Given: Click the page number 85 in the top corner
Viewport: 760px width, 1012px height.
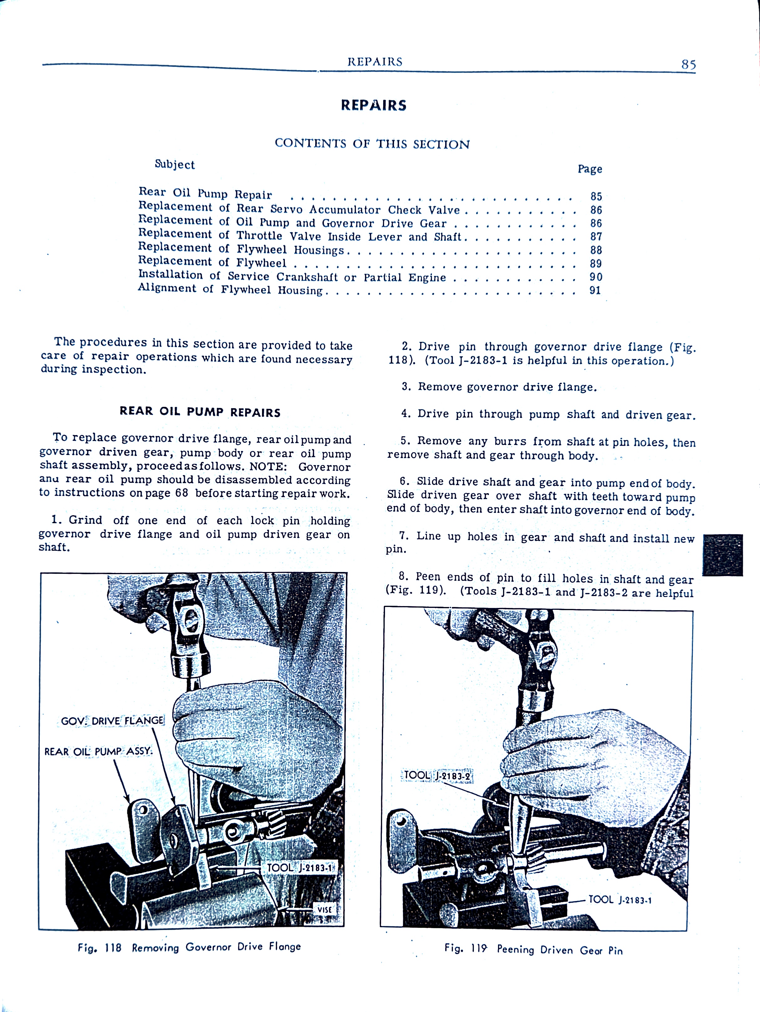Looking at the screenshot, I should tap(688, 64).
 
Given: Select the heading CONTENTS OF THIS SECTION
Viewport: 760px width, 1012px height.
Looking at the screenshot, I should tap(372, 144).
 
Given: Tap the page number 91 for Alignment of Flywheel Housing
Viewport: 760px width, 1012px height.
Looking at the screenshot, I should tap(595, 290).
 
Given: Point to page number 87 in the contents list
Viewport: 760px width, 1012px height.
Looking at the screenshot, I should tap(596, 236).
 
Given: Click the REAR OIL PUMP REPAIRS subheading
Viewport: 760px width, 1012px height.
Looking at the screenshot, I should tap(200, 412).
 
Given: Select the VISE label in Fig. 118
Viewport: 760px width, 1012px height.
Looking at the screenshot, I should tap(324, 909).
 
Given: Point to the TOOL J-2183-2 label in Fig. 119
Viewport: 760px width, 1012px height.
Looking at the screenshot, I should tap(437, 776).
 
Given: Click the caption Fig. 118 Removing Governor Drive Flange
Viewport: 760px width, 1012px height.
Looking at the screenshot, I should tap(189, 947).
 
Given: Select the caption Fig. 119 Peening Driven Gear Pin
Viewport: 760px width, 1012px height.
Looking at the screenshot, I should tap(533, 950).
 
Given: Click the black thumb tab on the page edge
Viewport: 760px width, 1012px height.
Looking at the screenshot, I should tap(722, 554).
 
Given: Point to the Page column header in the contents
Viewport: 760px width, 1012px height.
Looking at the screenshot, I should tap(590, 169).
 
